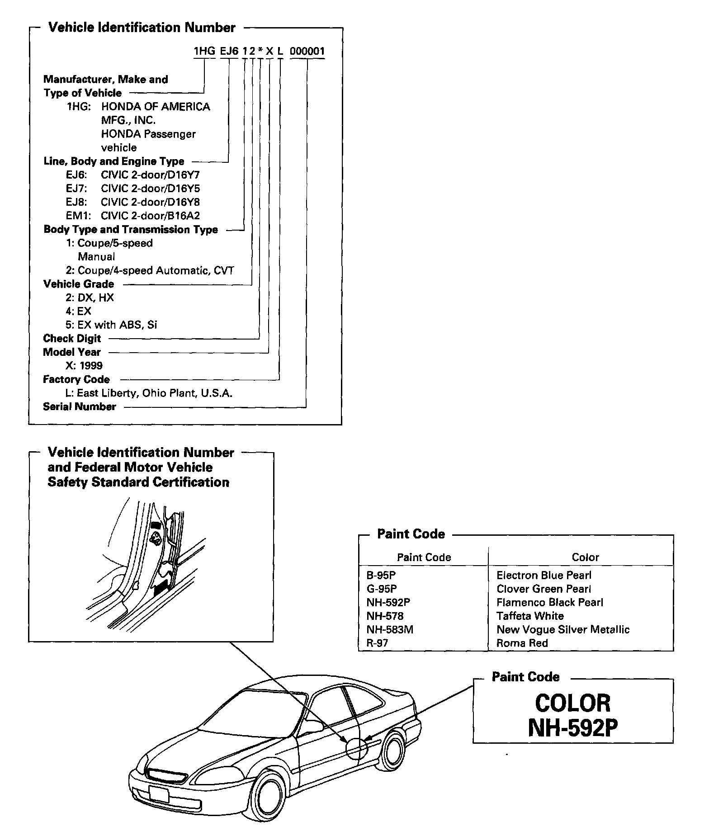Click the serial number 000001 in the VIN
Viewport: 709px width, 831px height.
click(x=307, y=51)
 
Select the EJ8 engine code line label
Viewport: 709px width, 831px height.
click(x=76, y=202)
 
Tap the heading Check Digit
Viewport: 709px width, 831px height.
click(x=72, y=339)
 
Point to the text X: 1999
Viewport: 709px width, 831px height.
click(x=84, y=366)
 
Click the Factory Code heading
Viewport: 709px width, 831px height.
click(x=76, y=379)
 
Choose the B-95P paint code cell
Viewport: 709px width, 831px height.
click(x=381, y=576)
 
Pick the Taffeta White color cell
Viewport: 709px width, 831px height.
click(x=530, y=616)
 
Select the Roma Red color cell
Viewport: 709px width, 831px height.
click(x=522, y=643)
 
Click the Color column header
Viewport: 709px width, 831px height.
click(x=585, y=557)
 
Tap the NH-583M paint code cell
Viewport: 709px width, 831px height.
click(x=390, y=630)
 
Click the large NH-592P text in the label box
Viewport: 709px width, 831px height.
click(x=573, y=728)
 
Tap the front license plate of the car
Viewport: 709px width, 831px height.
click(x=159, y=794)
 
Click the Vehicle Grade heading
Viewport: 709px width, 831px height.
click(x=79, y=284)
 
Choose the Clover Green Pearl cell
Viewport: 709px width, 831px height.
click(x=544, y=589)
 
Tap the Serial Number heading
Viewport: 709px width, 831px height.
click(x=80, y=406)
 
